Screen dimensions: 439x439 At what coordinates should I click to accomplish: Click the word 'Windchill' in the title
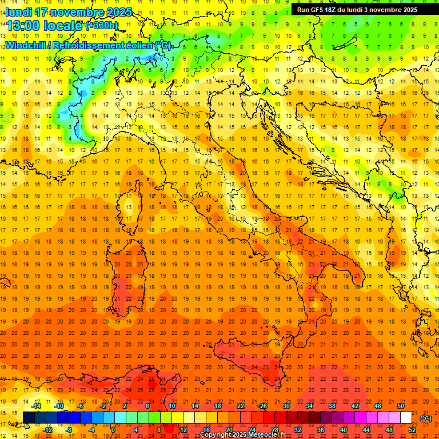[27, 45]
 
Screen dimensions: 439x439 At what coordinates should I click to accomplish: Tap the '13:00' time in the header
[23, 25]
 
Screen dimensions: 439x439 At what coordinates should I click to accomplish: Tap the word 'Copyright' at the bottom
[216, 435]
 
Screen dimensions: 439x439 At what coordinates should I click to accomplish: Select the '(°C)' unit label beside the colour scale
[426, 418]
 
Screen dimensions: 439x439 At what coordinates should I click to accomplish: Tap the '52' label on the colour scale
[412, 430]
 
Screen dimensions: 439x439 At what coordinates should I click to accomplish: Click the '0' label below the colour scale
[113, 430]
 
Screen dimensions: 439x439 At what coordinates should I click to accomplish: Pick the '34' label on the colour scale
[309, 406]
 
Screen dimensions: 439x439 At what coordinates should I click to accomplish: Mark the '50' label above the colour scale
[400, 406]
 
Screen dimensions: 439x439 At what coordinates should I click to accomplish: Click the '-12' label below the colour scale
[47, 430]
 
